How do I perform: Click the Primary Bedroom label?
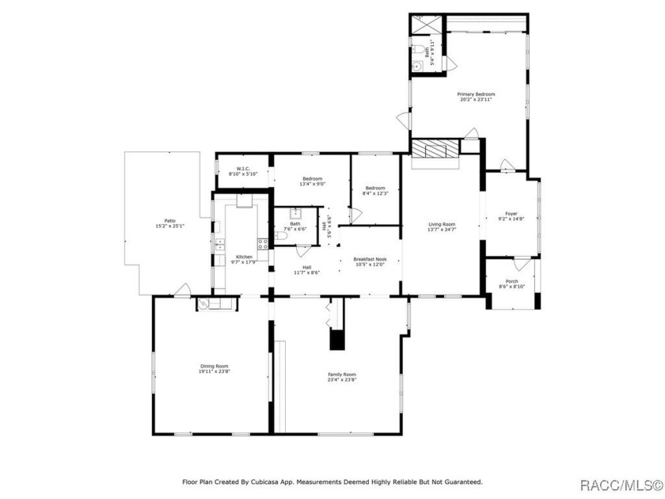(476, 94)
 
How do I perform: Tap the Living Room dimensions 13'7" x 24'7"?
(442, 230)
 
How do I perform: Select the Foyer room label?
(511, 213)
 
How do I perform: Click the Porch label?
(511, 281)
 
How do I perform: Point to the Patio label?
(169, 221)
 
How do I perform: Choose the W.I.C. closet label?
(239, 169)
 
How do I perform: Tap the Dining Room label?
(214, 366)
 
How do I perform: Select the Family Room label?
(342, 374)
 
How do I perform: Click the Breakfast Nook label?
(370, 259)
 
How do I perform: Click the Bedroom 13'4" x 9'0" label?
(313, 179)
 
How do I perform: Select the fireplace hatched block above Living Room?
(435, 149)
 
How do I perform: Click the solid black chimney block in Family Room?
(337, 340)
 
